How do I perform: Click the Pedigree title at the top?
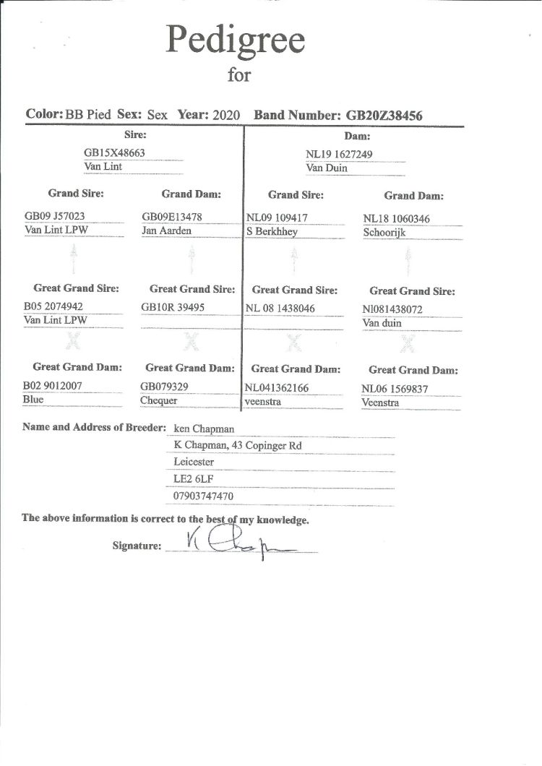[236, 40]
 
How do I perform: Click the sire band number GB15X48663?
[115, 153]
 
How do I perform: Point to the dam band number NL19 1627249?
[339, 154]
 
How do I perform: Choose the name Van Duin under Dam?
[327, 168]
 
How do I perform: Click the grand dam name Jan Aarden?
[166, 231]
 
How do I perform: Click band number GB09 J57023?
[53, 218]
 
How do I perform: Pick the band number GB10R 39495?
[173, 307]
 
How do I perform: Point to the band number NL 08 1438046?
[281, 308]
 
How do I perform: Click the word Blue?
[33, 399]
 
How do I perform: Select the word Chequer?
[158, 400]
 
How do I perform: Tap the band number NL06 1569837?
[395, 389]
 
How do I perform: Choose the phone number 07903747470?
[203, 496]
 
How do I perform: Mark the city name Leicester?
[194, 462]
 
